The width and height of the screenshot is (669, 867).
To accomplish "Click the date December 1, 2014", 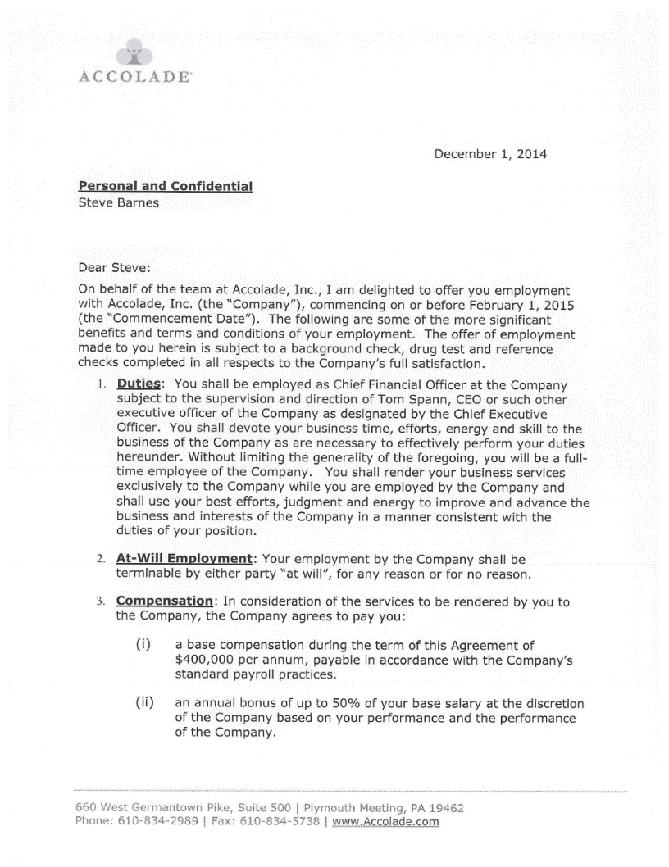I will pyautogui.click(x=490, y=154).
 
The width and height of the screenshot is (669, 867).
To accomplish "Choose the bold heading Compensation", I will pyautogui.click(x=164, y=602).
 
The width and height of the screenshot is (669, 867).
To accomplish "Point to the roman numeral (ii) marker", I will pyautogui.click(x=144, y=702).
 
